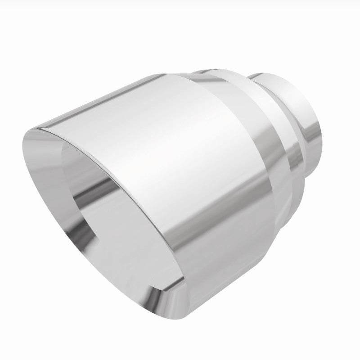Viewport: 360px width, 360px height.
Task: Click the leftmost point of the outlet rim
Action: tap(21, 148)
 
